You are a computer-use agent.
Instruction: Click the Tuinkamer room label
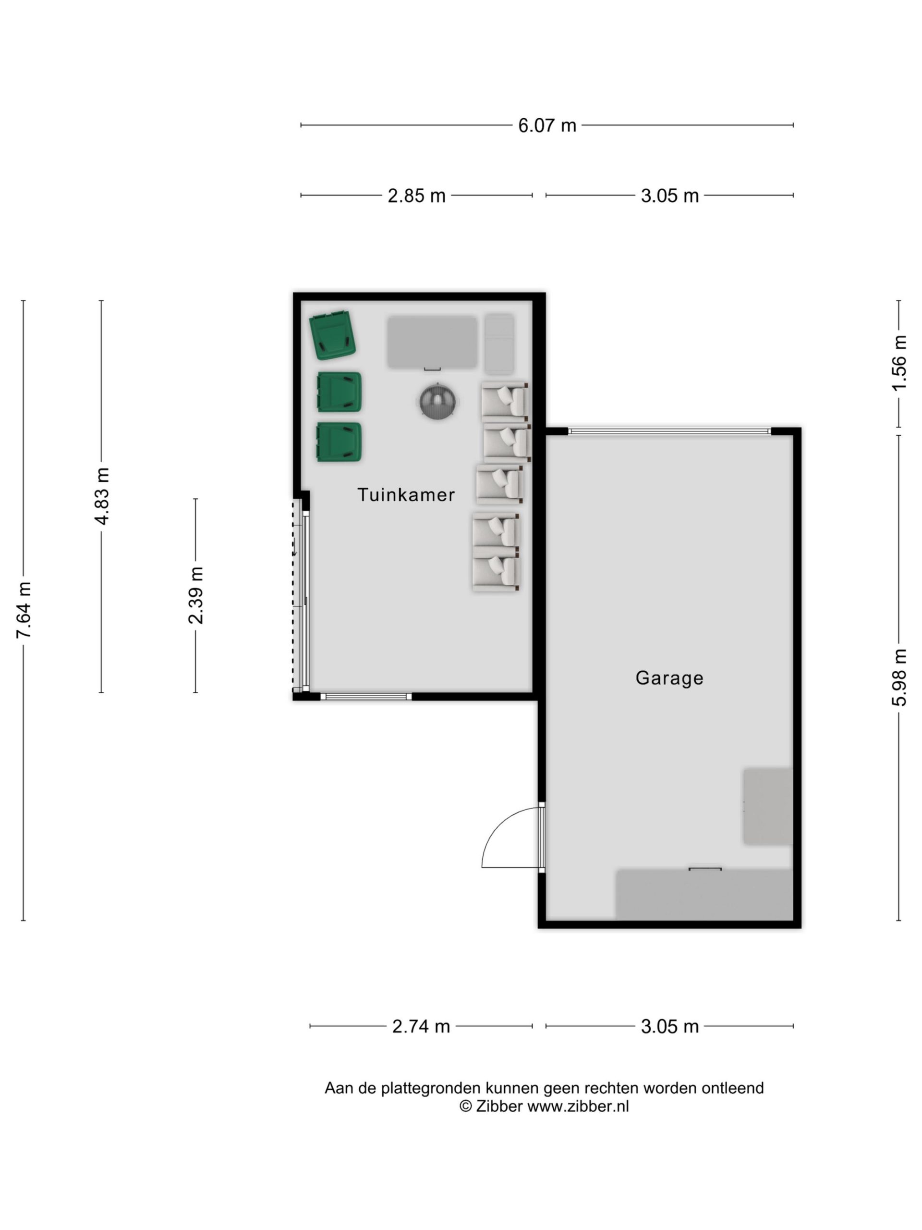(x=406, y=494)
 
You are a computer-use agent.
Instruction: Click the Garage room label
(x=669, y=678)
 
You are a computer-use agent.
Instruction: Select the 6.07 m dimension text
(x=547, y=126)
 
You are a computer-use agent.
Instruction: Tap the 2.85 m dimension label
(x=416, y=196)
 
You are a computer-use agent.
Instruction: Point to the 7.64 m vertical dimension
(x=24, y=610)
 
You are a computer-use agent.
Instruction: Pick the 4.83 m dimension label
(x=102, y=496)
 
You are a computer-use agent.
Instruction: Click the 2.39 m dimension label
(x=195, y=595)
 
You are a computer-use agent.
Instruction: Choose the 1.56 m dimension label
(x=899, y=363)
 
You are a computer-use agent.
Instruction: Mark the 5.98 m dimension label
(x=899, y=677)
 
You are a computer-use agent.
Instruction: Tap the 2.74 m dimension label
(x=421, y=1026)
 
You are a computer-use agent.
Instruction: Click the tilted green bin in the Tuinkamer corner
(x=332, y=335)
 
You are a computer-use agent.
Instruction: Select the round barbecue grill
(x=437, y=400)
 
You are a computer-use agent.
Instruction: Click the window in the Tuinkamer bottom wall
(x=366, y=696)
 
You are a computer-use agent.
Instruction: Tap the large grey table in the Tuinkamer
(x=432, y=342)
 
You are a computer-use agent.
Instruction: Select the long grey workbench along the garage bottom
(x=704, y=895)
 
